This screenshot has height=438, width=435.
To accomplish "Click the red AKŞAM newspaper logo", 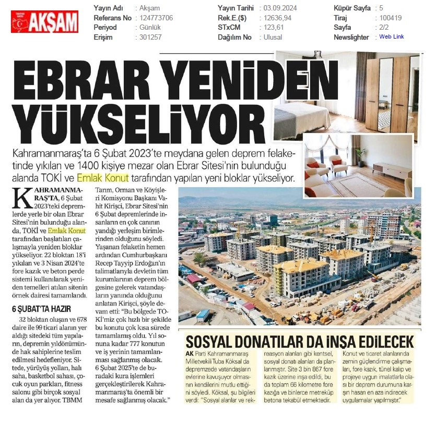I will pos(44,21).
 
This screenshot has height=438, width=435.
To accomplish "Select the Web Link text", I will pos(391,36).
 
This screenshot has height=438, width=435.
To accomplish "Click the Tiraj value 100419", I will pos(391,18).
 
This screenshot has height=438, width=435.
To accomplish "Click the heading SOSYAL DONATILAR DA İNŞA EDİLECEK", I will pos(300,342).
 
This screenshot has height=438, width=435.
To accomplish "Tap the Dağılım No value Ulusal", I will pos(273,37).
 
